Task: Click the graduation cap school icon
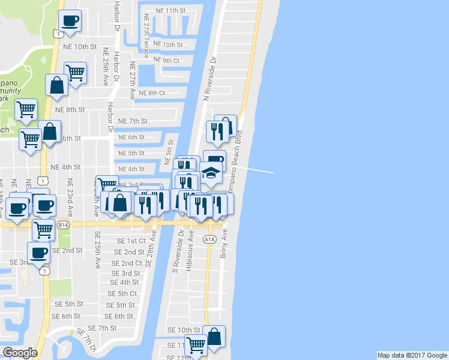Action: tap(211, 172)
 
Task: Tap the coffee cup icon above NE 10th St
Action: tap(70, 21)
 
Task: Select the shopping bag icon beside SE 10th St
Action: tap(214, 337)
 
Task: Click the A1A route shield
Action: tap(209, 239)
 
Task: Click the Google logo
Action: tap(20, 353)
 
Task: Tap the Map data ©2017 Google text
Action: tap(412, 355)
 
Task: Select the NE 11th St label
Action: tap(170, 11)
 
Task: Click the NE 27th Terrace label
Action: tap(146, 37)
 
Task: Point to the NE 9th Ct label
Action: tap(167, 61)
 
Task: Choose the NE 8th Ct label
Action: tap(152, 92)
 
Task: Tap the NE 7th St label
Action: tap(133, 121)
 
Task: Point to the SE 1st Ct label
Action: tap(130, 241)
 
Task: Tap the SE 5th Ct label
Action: tap(122, 293)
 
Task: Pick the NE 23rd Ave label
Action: tap(70, 198)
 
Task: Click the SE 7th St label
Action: tap(102, 328)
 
